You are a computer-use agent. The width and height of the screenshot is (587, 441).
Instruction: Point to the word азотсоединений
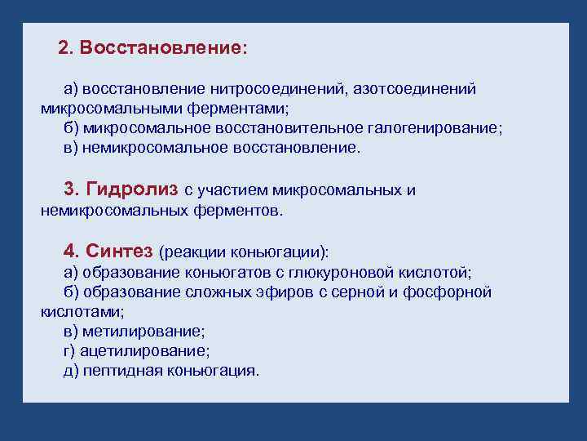[x=414, y=88]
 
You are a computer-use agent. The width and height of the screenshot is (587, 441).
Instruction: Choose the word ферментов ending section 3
[x=241, y=211]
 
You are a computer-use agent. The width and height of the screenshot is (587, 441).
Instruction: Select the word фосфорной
[x=454, y=292]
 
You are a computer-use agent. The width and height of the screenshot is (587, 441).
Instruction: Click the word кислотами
[x=82, y=311]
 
